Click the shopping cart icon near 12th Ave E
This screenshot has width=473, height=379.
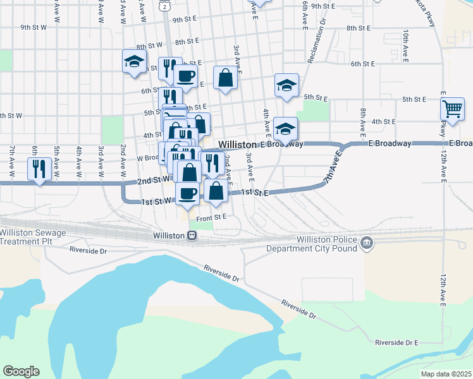(x=452, y=109)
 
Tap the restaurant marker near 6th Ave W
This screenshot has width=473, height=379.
(x=39, y=169)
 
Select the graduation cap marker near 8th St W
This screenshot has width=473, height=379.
(x=134, y=62)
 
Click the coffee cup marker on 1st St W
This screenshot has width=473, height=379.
(x=187, y=193)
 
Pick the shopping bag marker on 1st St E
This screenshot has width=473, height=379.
(x=216, y=191)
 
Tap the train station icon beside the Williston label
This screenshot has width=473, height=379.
(x=192, y=236)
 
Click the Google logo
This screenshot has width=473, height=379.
(x=21, y=371)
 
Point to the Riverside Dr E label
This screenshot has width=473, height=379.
(x=396, y=342)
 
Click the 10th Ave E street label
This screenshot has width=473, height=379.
(x=405, y=43)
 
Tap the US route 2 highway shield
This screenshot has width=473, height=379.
(x=164, y=6)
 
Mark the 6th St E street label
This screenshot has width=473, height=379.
(x=364, y=64)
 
